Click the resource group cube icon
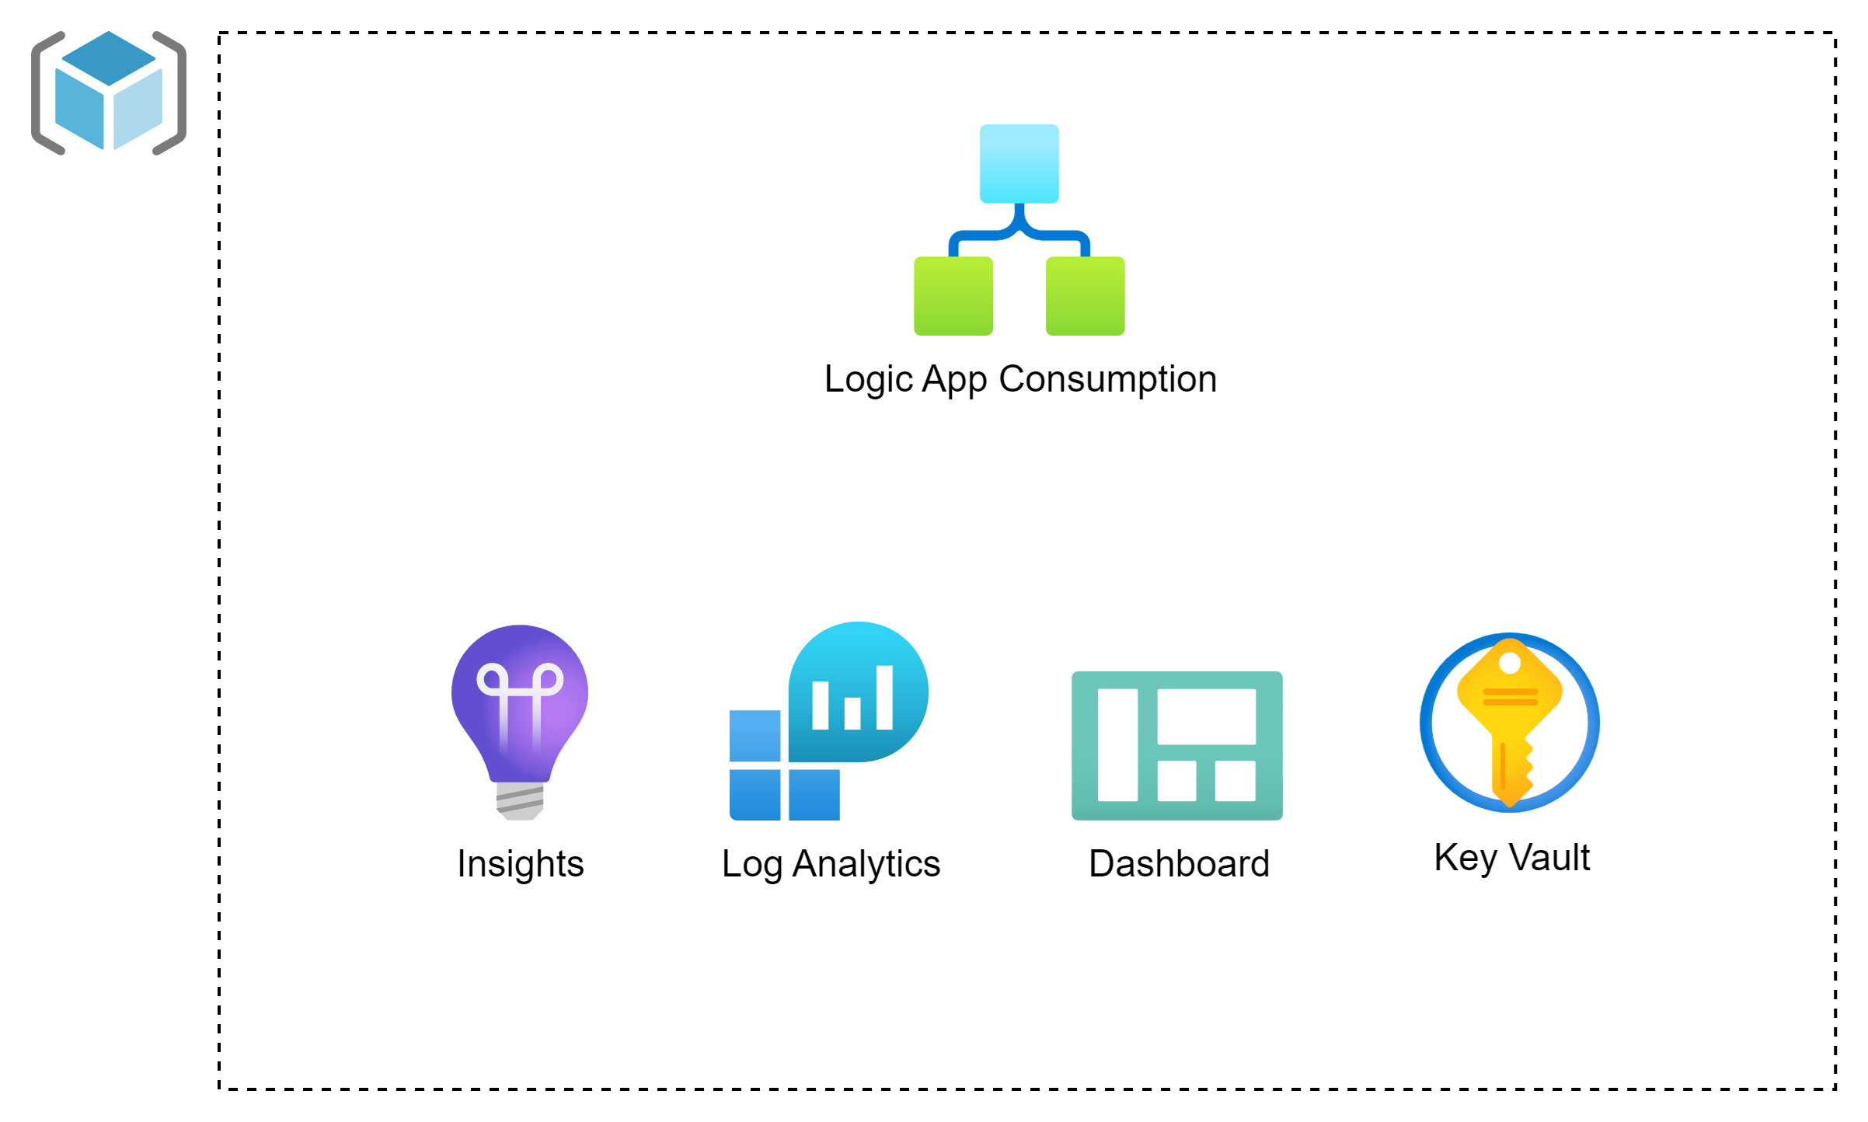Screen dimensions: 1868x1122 point(109,92)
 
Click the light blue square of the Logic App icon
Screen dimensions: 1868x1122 point(1019,163)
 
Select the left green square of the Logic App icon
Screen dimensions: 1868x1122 point(953,296)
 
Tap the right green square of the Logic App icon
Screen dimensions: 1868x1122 point(1085,296)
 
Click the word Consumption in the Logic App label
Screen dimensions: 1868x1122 point(1107,380)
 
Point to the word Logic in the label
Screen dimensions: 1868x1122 point(868,380)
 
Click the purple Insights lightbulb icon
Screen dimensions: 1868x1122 point(520,703)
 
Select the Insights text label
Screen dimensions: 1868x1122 point(520,864)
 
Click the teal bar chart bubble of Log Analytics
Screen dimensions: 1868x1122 point(858,692)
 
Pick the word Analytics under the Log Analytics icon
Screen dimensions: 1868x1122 point(866,864)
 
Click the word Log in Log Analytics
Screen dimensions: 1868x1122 point(751,864)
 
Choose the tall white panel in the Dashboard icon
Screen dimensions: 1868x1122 point(1117,744)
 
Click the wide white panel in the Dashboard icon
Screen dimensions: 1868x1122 point(1206,716)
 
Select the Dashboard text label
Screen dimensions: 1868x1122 point(1179,864)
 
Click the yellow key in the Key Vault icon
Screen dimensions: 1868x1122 point(1510,723)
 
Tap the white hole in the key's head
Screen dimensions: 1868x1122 point(1510,663)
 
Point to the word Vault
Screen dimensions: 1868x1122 point(1549,858)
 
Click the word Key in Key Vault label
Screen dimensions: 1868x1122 point(1465,858)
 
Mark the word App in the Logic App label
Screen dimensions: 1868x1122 point(954,380)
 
